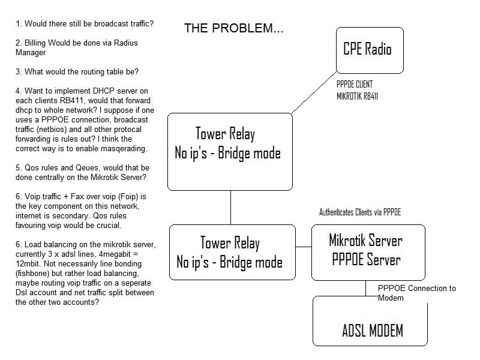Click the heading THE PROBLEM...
(x=233, y=28)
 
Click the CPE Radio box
(x=369, y=50)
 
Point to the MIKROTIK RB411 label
(x=357, y=95)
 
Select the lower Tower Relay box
(x=232, y=252)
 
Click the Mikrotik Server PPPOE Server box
(x=368, y=251)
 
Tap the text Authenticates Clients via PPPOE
(x=360, y=212)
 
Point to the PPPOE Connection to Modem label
(x=416, y=293)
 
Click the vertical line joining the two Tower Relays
(x=230, y=207)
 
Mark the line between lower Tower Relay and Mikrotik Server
(x=304, y=247)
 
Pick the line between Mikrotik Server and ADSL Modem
(x=366, y=288)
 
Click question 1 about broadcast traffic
(x=84, y=24)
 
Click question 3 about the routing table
(x=77, y=71)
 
